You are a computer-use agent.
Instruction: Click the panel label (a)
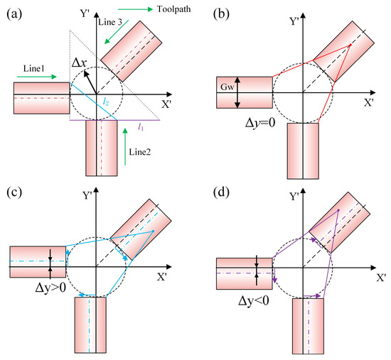click(14, 13)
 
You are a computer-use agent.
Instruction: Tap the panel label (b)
click(221, 13)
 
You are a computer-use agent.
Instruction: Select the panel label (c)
click(14, 192)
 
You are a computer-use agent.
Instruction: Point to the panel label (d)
click(221, 192)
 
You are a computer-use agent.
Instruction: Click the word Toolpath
click(173, 9)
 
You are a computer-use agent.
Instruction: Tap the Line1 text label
click(34, 68)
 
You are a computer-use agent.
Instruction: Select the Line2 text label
click(139, 152)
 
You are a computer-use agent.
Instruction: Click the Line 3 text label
click(110, 22)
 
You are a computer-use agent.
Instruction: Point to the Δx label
click(80, 62)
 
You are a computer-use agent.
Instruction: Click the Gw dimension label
click(227, 87)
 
